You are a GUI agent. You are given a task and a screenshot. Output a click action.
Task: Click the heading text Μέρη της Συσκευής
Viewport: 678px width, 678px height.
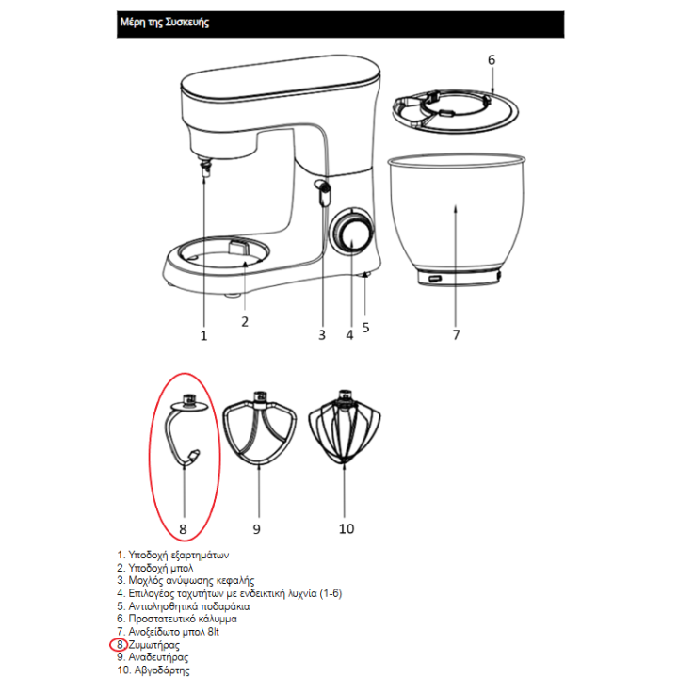click(x=164, y=22)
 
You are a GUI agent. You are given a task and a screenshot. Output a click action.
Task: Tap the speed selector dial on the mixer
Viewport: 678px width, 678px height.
click(x=351, y=232)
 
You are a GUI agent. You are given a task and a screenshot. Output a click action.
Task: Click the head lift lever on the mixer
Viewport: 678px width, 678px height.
click(x=323, y=192)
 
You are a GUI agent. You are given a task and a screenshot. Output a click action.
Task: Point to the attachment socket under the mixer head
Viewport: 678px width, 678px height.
click(x=205, y=167)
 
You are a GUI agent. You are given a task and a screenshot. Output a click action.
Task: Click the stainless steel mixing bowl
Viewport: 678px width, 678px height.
click(x=456, y=219)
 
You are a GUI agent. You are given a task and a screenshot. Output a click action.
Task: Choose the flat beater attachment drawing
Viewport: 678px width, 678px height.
click(x=260, y=428)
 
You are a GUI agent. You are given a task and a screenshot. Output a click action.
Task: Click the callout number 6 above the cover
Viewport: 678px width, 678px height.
click(x=492, y=60)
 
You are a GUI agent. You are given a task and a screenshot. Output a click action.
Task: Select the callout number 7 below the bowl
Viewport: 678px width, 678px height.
click(x=456, y=334)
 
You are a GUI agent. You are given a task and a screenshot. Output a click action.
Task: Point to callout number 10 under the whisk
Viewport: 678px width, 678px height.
click(x=347, y=528)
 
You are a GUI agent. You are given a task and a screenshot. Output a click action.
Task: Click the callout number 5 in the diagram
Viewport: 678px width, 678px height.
click(x=365, y=328)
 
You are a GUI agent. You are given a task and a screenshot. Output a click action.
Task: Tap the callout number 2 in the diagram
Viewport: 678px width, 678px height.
click(x=245, y=322)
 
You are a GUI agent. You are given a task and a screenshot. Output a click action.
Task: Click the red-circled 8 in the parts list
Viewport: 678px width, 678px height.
click(x=119, y=645)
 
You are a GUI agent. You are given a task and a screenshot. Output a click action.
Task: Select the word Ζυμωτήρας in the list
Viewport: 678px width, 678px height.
click(x=153, y=645)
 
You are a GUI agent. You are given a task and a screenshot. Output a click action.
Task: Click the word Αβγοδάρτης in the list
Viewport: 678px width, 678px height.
click(x=162, y=670)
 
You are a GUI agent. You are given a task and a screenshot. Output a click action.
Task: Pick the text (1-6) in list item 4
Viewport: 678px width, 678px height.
click(x=331, y=593)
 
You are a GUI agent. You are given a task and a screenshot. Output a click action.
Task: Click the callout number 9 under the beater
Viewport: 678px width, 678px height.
click(x=257, y=529)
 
